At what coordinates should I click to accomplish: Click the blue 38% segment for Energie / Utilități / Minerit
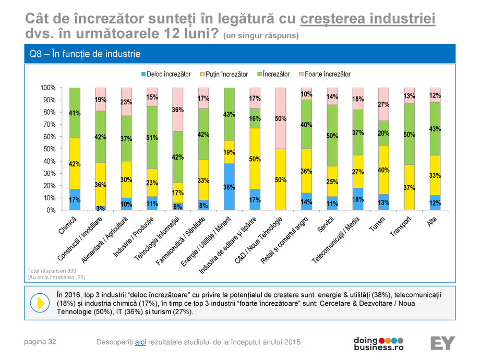pos(229,187)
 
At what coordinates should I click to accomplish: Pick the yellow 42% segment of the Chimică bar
pos(75,163)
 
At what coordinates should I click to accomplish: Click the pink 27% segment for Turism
pos(383,104)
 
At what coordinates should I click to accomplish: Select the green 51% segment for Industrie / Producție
pos(152,137)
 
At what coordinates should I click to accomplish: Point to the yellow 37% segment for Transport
pos(410,187)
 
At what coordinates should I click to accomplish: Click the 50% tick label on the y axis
pos(50,149)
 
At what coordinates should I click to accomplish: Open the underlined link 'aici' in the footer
pos(140,342)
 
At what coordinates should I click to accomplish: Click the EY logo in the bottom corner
pos(442,343)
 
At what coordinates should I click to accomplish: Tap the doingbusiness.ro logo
pos(379,343)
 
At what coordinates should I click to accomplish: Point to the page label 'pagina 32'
pos(41,342)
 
